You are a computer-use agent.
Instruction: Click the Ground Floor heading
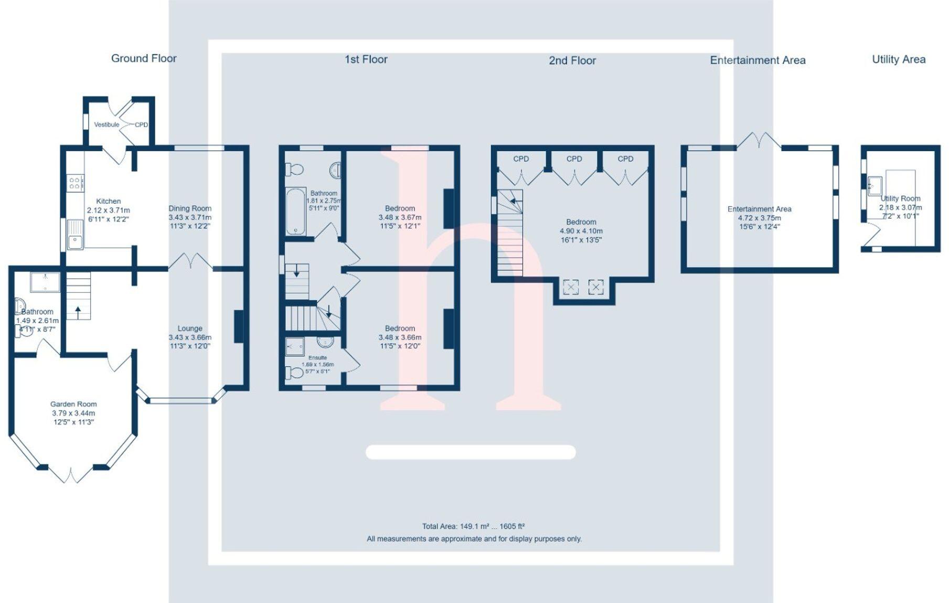[144, 58]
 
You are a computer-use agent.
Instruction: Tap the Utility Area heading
[898, 59]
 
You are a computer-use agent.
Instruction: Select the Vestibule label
[106, 124]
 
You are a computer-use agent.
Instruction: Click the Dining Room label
[190, 208]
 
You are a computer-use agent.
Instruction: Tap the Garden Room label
[73, 404]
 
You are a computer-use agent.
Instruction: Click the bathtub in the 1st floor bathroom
[296, 211]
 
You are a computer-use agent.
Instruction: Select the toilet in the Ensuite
[295, 373]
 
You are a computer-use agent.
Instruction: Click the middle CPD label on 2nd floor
[574, 158]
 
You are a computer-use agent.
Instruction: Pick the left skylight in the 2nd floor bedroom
[571, 287]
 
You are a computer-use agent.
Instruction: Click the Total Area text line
[473, 526]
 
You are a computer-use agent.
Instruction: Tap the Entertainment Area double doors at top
[759, 141]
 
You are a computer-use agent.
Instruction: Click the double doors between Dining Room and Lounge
[190, 261]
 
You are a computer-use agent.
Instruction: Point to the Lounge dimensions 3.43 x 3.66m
[190, 337]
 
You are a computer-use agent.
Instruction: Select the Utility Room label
[900, 198]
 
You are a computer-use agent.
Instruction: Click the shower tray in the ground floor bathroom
[45, 282]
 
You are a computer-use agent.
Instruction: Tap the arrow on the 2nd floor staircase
[516, 201]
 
